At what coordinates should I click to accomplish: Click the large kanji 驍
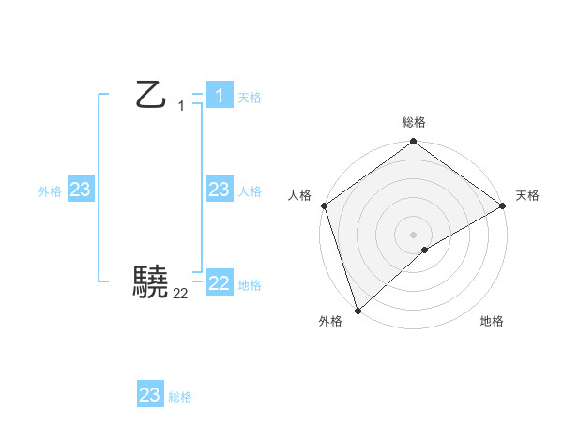click(151, 281)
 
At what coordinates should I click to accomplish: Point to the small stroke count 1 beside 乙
click(181, 106)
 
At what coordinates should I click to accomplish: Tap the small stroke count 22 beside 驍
click(180, 294)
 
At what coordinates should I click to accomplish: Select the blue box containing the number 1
click(220, 96)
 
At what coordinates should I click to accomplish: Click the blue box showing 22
click(220, 283)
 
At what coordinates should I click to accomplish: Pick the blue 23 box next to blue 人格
click(220, 190)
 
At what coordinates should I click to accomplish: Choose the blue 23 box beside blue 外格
click(81, 190)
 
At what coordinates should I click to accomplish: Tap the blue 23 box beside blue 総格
click(150, 395)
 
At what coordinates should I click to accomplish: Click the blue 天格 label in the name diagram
click(250, 98)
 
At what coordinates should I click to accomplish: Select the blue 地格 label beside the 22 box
click(250, 285)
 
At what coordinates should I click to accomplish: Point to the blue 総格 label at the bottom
click(180, 397)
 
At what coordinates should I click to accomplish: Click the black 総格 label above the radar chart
click(414, 122)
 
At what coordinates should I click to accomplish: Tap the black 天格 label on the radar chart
click(527, 195)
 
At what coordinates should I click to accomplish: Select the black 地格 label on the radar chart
click(492, 321)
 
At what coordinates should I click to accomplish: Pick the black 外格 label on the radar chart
click(329, 321)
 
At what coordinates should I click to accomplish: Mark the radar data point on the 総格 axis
click(414, 143)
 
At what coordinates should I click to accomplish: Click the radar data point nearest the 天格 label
click(502, 205)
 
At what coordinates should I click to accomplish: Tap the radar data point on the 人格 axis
click(325, 205)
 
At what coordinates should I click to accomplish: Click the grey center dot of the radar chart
click(414, 235)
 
